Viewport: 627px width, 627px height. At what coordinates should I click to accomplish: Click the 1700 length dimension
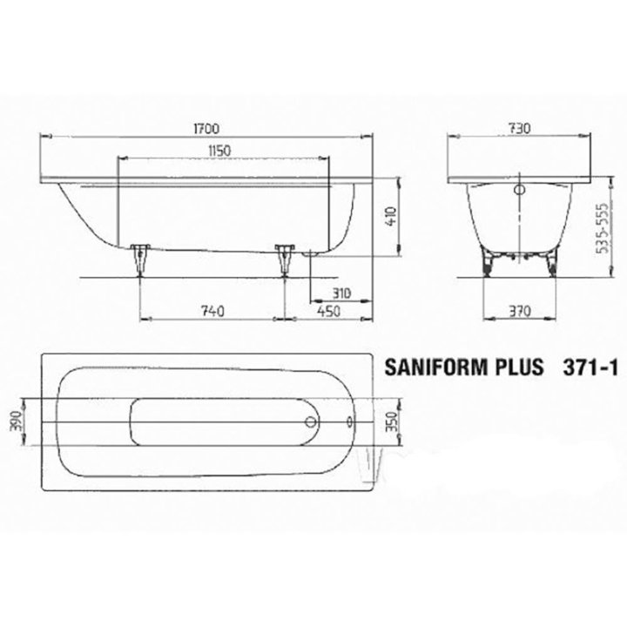(206, 129)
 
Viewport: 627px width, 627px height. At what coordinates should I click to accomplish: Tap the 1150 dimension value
(219, 151)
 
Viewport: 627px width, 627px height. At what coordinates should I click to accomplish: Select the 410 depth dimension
(390, 216)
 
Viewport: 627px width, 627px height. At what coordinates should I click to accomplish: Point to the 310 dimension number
(341, 293)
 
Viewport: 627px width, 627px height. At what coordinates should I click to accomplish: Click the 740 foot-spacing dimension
(212, 311)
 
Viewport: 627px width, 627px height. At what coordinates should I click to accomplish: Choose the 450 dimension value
(328, 311)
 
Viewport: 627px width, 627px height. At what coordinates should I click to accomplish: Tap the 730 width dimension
(519, 128)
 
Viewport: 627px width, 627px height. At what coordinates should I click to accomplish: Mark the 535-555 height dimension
(602, 228)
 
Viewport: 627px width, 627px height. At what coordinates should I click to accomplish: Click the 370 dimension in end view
(519, 311)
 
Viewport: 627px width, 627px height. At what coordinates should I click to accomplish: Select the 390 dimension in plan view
(16, 421)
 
